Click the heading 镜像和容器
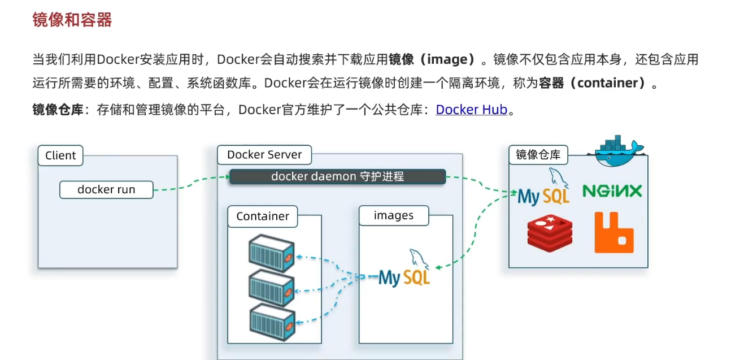[72, 20]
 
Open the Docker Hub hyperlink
[472, 110]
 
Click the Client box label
[60, 155]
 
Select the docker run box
[106, 190]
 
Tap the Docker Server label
[264, 155]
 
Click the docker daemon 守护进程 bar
[337, 176]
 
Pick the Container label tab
[263, 216]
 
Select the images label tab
[394, 215]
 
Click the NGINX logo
[612, 191]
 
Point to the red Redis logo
[550, 232]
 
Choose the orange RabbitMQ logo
[614, 232]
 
